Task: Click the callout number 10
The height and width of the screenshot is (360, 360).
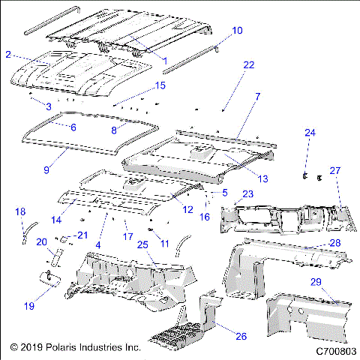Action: click(237, 31)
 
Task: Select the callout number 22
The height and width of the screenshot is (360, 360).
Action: click(249, 65)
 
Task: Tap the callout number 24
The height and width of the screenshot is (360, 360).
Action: click(309, 133)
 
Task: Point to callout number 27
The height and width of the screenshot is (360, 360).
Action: click(335, 170)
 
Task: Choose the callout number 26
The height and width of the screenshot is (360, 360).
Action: click(241, 336)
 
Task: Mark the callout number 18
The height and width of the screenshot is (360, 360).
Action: click(20, 211)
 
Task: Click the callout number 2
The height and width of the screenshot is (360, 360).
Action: click(7, 55)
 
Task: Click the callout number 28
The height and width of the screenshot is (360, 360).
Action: click(335, 242)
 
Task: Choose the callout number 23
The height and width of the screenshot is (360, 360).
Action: click(248, 193)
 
